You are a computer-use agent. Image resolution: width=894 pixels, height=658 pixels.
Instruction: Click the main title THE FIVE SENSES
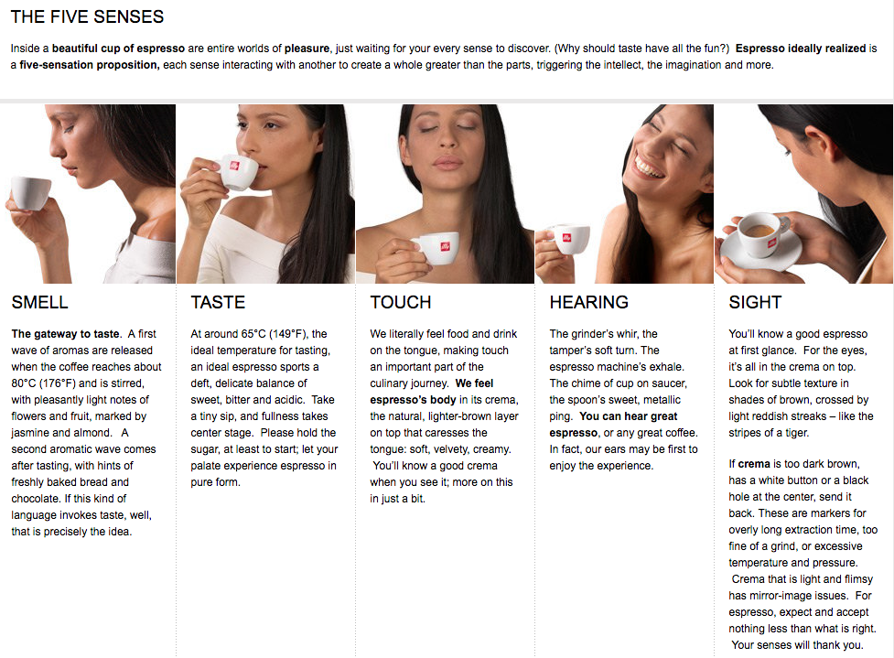[x=87, y=16]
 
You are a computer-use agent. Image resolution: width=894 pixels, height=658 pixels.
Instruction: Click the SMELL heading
[x=40, y=302]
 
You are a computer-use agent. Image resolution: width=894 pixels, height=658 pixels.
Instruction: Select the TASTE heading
[x=218, y=302]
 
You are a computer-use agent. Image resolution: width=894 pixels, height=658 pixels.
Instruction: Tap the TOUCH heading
[x=401, y=302]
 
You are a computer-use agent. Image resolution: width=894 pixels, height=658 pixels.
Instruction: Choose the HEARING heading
[x=589, y=302]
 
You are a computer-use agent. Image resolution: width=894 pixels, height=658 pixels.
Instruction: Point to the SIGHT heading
[x=755, y=302]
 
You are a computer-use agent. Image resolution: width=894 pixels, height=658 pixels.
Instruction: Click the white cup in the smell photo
[x=31, y=193]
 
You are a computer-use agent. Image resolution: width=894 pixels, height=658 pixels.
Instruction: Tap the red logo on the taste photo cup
[x=234, y=166]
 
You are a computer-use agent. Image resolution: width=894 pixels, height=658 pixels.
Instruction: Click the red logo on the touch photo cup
[x=445, y=246]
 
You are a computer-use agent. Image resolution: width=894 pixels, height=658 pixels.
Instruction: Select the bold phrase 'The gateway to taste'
[x=66, y=333]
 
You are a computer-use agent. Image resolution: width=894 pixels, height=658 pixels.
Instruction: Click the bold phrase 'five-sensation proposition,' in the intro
[x=90, y=65]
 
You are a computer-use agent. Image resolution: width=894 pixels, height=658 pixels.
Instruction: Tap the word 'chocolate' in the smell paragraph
[x=35, y=499]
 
